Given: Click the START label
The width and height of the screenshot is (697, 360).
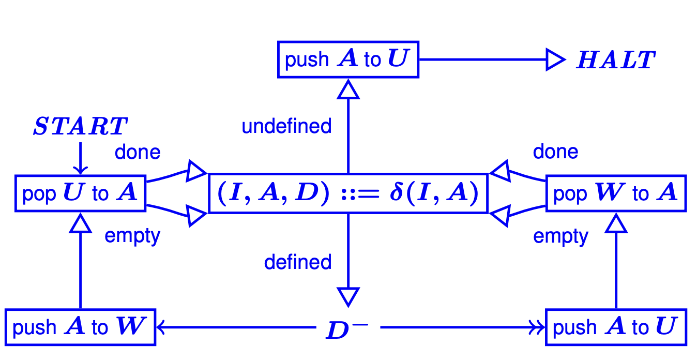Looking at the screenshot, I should point(80,127).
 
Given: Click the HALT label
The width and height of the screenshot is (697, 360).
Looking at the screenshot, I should point(616,61).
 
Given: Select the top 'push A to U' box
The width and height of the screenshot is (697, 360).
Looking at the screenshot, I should point(348,60).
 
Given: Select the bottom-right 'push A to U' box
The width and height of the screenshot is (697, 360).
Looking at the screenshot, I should point(616,327).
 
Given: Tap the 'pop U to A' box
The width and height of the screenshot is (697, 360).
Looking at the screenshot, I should point(80,193).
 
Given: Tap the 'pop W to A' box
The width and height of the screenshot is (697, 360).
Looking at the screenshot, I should point(616,193).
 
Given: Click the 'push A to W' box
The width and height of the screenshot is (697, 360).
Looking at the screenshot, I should point(80,327).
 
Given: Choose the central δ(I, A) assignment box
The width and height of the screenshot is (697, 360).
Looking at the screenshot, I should point(348,193).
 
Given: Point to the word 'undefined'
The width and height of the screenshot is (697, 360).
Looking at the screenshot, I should point(286,126).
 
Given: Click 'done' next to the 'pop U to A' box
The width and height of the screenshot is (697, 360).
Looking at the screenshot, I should point(138,152).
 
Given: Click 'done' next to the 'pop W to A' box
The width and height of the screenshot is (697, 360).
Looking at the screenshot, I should point(555,152).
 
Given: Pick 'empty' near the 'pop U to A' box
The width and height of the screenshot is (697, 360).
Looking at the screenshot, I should point(132,236).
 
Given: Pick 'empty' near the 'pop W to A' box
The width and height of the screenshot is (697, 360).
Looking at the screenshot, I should point(560,237).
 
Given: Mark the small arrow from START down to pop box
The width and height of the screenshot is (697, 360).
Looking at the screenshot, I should point(80,158).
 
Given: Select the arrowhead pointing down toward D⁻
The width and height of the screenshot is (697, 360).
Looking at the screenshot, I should point(348,296).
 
